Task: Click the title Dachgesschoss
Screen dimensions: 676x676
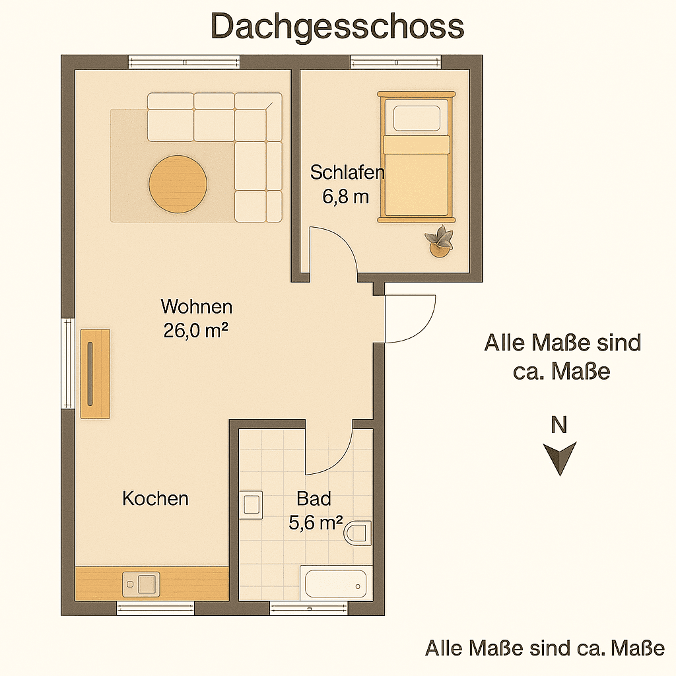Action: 337,27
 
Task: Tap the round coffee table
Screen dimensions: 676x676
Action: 178,184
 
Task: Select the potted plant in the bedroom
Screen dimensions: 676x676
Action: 440,242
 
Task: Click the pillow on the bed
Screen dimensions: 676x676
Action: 417,119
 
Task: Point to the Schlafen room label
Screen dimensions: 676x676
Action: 347,173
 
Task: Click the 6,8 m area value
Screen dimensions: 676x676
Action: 345,197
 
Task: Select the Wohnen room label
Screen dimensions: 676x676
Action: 197,307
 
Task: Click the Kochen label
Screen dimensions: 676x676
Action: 155,498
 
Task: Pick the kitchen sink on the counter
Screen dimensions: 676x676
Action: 141,584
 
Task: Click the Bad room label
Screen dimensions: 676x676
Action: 314,498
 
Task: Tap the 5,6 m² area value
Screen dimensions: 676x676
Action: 316,523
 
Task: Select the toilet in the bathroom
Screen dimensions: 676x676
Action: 358,532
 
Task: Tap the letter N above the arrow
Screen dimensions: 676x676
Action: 559,426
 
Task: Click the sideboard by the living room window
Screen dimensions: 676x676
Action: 95,373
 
